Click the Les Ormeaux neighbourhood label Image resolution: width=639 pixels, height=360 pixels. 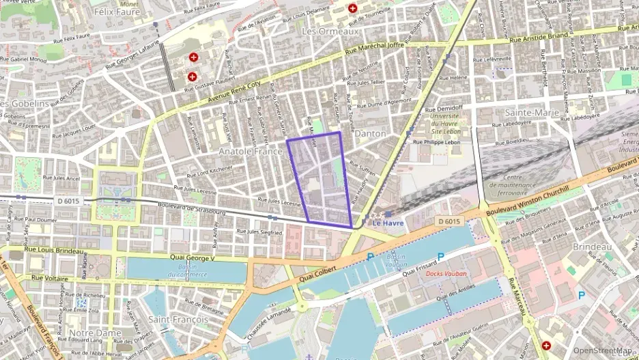click(330, 31)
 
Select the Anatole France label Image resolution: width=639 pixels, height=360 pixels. click(250, 150)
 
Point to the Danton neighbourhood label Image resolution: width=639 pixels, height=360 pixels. click(370, 133)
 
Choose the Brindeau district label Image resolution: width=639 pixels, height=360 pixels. click(592, 246)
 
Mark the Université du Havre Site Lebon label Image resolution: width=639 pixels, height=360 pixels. click(442, 124)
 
